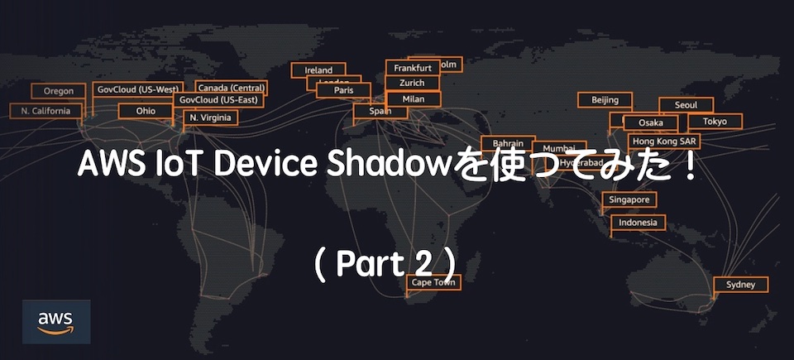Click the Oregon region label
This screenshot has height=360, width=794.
click(x=58, y=91)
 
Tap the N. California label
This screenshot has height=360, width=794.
click(x=46, y=111)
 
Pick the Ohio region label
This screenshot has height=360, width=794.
click(x=146, y=111)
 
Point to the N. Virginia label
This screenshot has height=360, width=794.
click(x=210, y=118)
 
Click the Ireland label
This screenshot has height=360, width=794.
click(x=318, y=70)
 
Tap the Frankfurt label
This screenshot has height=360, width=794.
click(x=413, y=68)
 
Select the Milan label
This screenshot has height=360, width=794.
click(x=413, y=99)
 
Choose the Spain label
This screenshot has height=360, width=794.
click(x=380, y=111)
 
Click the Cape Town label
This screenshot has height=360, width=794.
click(x=433, y=283)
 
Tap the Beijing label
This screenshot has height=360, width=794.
click(x=605, y=100)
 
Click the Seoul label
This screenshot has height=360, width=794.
click(x=686, y=105)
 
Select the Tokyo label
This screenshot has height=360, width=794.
click(x=715, y=122)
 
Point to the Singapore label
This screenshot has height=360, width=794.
click(x=629, y=200)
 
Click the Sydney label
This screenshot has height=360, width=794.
click(x=740, y=285)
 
